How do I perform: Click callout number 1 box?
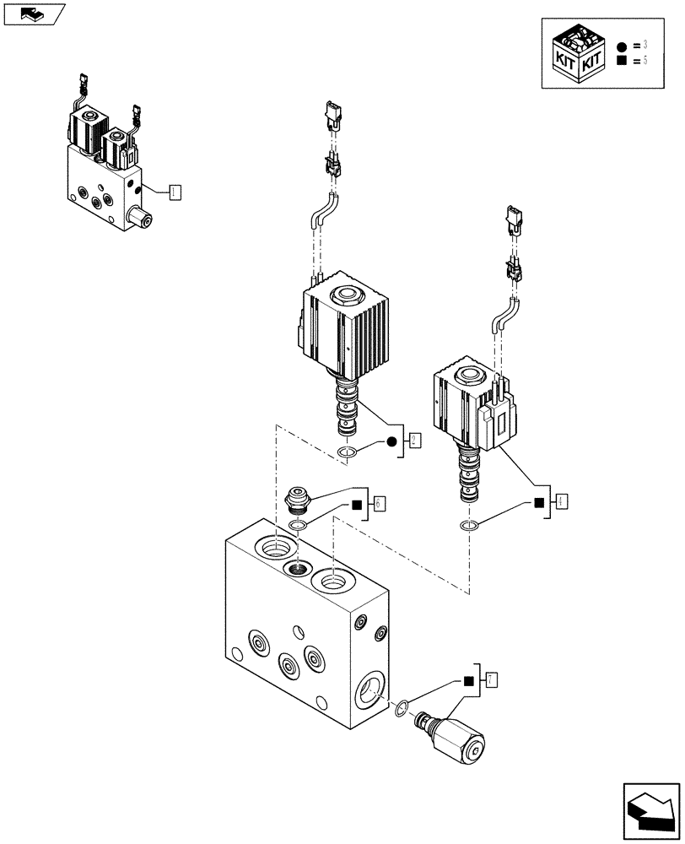pos(174,192)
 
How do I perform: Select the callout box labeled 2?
pos(414,440)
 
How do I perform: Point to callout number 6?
pos(380,503)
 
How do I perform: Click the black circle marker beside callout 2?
pos(391,441)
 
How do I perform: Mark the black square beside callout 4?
pos(538,503)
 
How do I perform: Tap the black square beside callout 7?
pos(468,679)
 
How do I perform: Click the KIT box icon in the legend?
pos(578,54)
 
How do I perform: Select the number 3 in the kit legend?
pos(645,44)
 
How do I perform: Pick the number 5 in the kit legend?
pos(645,61)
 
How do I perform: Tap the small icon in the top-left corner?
pos(34,14)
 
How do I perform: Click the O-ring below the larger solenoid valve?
pos(347,456)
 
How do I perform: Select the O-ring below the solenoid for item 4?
pos(470,527)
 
